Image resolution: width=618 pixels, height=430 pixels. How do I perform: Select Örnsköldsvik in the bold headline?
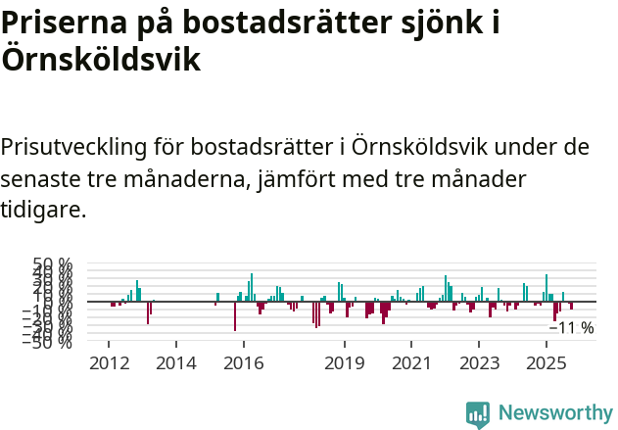(x=101, y=60)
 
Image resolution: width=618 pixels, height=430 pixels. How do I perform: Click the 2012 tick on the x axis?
(x=109, y=363)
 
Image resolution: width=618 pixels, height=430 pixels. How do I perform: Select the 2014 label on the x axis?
(x=176, y=363)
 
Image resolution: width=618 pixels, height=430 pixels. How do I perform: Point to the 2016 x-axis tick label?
(x=244, y=363)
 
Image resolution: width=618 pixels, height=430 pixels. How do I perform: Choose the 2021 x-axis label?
(x=412, y=363)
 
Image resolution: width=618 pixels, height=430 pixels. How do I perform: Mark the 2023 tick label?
(x=479, y=363)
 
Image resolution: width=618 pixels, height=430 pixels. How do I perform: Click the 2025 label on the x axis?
(x=545, y=363)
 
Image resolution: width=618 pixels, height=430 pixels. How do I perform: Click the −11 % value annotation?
(x=572, y=328)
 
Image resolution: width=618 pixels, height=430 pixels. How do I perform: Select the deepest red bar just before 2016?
(x=235, y=316)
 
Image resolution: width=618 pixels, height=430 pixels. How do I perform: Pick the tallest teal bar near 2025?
(x=547, y=288)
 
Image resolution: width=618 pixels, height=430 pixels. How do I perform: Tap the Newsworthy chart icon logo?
(x=478, y=413)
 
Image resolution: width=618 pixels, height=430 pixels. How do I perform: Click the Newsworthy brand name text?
(x=554, y=413)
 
